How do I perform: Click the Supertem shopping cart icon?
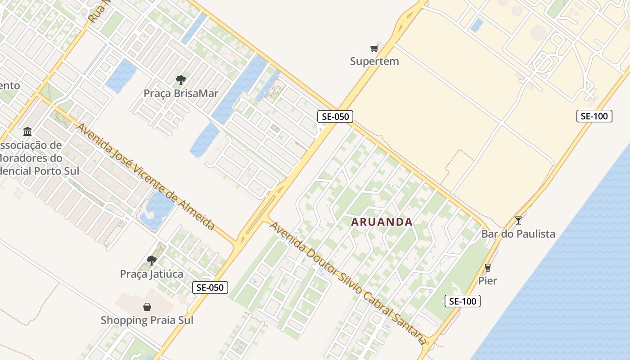tap(374, 48)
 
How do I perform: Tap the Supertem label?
tap(374, 61)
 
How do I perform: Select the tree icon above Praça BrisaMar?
tap(181, 80)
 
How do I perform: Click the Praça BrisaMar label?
tap(181, 94)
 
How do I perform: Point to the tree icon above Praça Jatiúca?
tap(152, 260)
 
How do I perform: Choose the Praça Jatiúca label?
tap(152, 274)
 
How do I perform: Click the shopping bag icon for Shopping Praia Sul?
tap(147, 307)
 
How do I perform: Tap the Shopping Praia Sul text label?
tap(147, 320)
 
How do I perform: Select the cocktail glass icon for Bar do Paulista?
tap(518, 220)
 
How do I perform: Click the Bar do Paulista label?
tap(518, 234)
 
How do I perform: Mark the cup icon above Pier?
tap(487, 268)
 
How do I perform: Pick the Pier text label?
tap(487, 281)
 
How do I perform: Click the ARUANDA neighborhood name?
tap(382, 222)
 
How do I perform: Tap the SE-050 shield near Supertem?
tap(335, 116)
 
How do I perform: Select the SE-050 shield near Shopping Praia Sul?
tap(210, 288)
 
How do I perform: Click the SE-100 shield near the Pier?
tap(463, 301)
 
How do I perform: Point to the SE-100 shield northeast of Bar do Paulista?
tap(594, 116)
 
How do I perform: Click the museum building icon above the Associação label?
tap(27, 132)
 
